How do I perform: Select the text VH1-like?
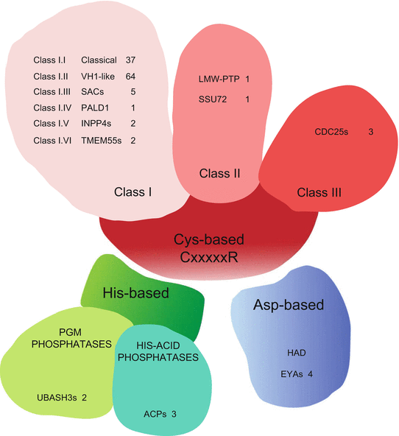99,76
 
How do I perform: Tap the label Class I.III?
51,92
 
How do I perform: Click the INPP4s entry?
96,124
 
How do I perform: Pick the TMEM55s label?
102,141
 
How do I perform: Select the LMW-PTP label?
218,78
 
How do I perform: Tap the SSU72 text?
213,99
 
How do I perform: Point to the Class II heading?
220,174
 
